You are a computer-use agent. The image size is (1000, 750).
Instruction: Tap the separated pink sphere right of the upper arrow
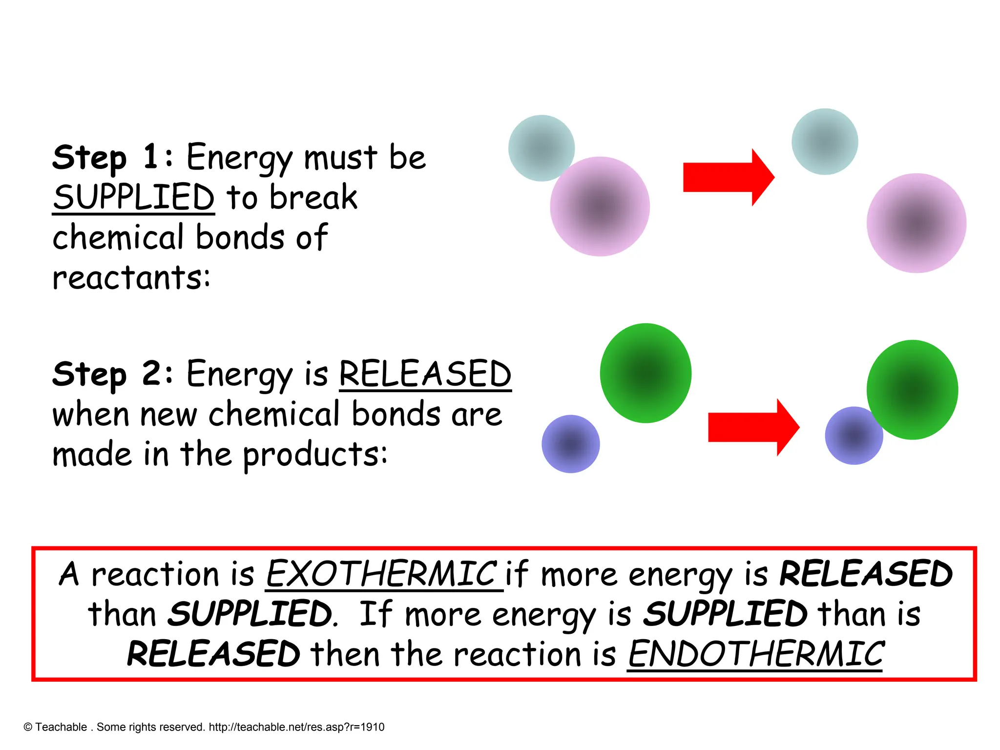pyautogui.click(x=916, y=223)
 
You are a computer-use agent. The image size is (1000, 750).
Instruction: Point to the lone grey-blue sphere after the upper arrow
pyautogui.click(x=825, y=142)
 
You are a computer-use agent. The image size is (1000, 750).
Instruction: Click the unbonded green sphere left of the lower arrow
pyautogui.click(x=646, y=373)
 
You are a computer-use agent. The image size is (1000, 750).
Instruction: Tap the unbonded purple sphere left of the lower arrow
pyautogui.click(x=570, y=444)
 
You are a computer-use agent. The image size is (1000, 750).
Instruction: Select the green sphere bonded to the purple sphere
pyautogui.click(x=912, y=390)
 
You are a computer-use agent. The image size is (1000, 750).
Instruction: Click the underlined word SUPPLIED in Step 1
pyautogui.click(x=134, y=197)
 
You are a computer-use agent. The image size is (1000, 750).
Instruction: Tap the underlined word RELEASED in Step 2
pyautogui.click(x=425, y=375)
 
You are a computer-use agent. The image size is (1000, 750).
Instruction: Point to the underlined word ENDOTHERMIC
pyautogui.click(x=755, y=654)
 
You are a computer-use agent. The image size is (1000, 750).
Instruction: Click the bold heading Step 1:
pyautogui.click(x=112, y=158)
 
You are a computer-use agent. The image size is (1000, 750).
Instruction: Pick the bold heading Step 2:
pyautogui.click(x=112, y=375)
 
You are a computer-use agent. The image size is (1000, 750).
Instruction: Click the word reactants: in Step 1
pyautogui.click(x=131, y=277)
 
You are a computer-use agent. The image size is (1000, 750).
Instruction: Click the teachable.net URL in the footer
pyautogui.click(x=296, y=727)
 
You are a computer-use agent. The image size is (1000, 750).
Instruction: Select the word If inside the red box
pyautogui.click(x=376, y=614)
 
